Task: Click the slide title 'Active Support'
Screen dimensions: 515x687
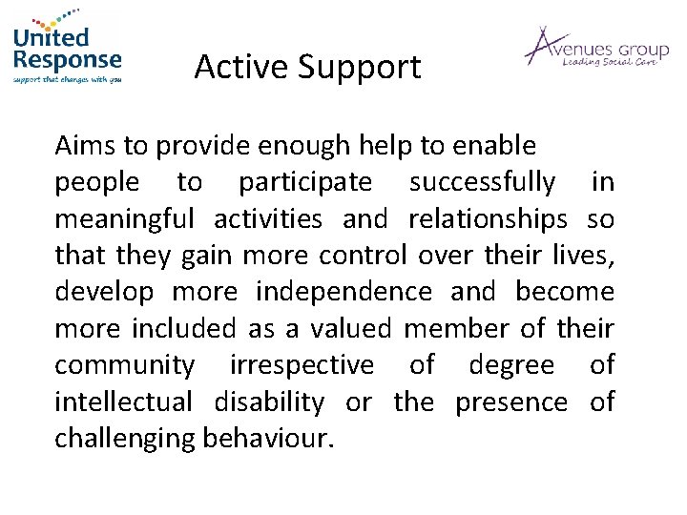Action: click(306, 67)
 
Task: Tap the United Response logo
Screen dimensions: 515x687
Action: click(68, 50)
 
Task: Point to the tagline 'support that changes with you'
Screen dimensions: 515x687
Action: click(68, 79)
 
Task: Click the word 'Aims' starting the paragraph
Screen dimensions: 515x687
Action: click(80, 146)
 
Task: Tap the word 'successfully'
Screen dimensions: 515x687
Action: click(482, 182)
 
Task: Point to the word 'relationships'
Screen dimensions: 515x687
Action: click(488, 219)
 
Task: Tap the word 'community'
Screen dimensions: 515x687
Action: click(125, 365)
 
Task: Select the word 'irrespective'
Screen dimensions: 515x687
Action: click(302, 365)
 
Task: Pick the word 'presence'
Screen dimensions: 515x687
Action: click(510, 402)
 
